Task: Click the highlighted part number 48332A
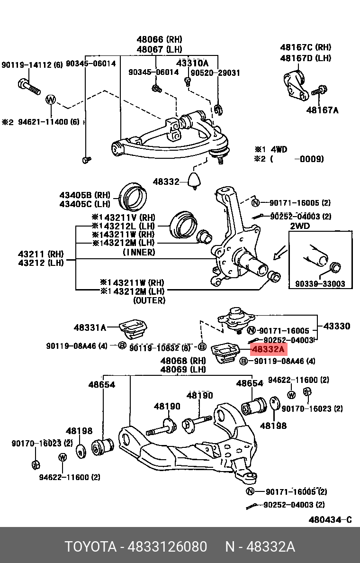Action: [x=268, y=350]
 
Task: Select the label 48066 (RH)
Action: [x=159, y=39]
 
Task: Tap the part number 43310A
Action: [x=192, y=63]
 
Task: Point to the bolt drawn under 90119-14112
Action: [x=29, y=87]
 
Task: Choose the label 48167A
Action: [x=322, y=110]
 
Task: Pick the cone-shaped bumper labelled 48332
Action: [x=194, y=181]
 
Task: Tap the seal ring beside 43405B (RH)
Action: [x=133, y=196]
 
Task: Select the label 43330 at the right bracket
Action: [x=336, y=326]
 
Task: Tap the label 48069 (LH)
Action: [x=183, y=370]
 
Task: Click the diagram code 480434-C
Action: [x=330, y=519]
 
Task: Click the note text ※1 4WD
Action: [x=271, y=149]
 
